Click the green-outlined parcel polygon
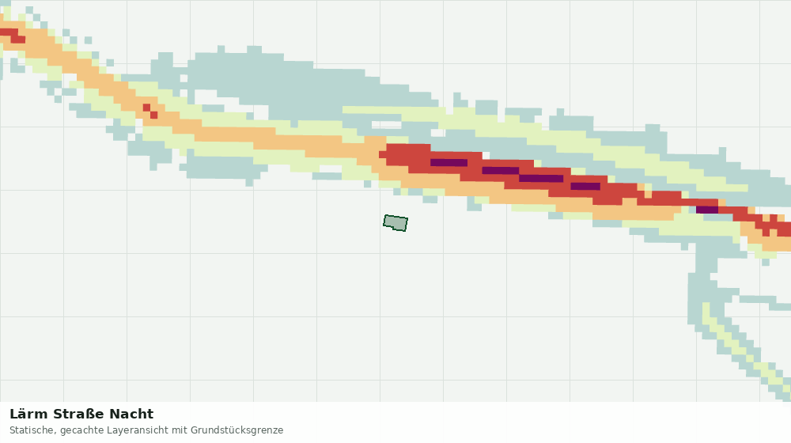pyautogui.click(x=395, y=222)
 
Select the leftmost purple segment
pyautogui.click(x=449, y=162)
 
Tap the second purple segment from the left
pyautogui.click(x=501, y=171)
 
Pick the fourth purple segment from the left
pyautogui.click(x=585, y=186)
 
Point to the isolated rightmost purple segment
pyautogui.click(x=706, y=210)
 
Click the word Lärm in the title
pyautogui.click(x=29, y=415)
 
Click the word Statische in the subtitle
pyautogui.click(x=32, y=430)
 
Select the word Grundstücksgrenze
pyautogui.click(x=237, y=431)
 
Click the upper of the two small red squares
pyautogui.click(x=146, y=108)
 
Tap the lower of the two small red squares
pyautogui.click(x=154, y=115)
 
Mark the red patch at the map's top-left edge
pyautogui.click(x=12, y=36)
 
